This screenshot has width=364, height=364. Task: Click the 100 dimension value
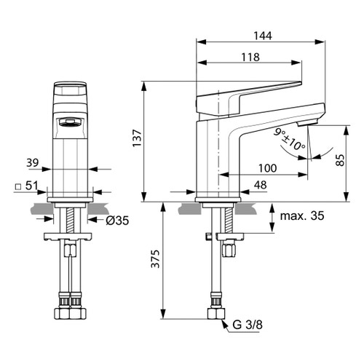[267, 168]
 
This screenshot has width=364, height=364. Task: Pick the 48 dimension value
[260, 186]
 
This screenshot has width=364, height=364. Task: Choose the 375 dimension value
[154, 264]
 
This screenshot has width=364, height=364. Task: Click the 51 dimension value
[31, 186]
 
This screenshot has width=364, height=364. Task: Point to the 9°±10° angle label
[290, 138]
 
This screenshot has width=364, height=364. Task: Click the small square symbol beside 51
[17, 187]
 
